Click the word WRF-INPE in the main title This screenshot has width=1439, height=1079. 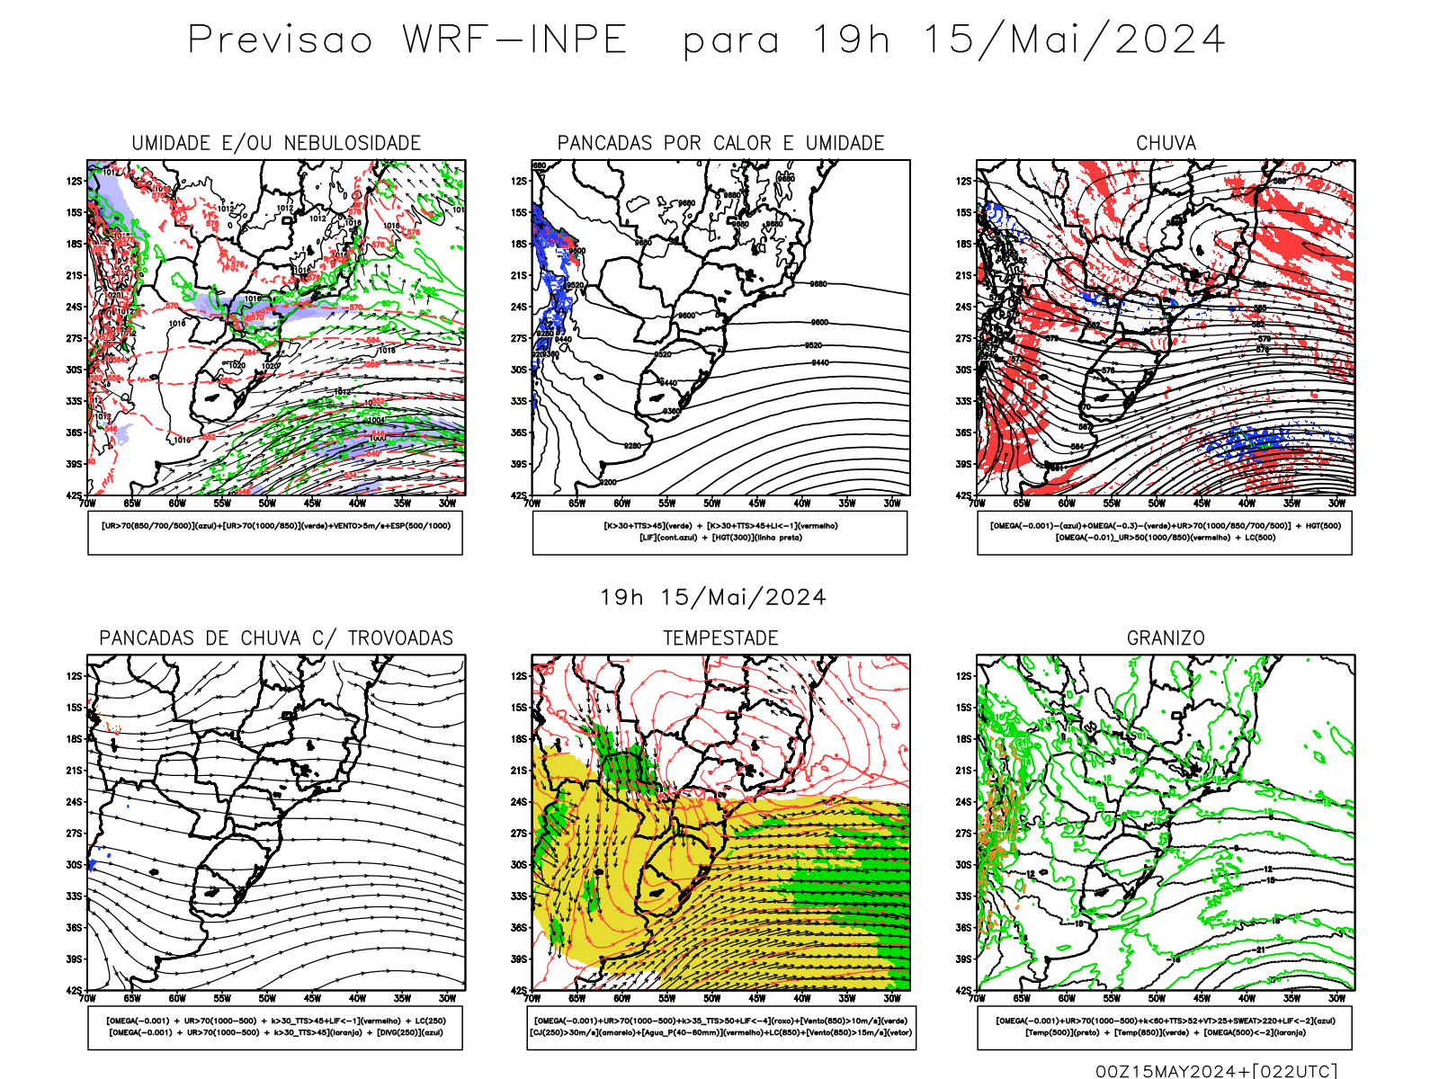(x=514, y=40)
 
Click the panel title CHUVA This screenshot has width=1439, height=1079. (x=1166, y=144)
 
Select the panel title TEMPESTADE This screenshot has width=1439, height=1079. (x=720, y=638)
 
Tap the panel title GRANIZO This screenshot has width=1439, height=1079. (x=1166, y=638)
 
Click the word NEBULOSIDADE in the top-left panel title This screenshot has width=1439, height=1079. (x=353, y=144)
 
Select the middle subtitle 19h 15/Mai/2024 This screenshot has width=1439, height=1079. (x=713, y=598)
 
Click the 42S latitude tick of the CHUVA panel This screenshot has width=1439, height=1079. (x=963, y=495)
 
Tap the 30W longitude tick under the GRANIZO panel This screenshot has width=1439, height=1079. (x=1337, y=998)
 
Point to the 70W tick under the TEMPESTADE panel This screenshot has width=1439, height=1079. (x=532, y=998)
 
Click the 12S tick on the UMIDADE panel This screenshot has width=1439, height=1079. (x=74, y=181)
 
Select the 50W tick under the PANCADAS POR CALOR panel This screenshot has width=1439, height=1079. (x=712, y=504)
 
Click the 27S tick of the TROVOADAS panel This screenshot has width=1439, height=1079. (x=74, y=834)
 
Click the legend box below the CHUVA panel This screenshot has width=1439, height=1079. (x=1165, y=532)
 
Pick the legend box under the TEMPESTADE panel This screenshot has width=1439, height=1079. (x=721, y=1027)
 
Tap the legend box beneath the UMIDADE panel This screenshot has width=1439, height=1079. (x=275, y=532)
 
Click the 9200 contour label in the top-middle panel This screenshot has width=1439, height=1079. (x=608, y=482)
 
